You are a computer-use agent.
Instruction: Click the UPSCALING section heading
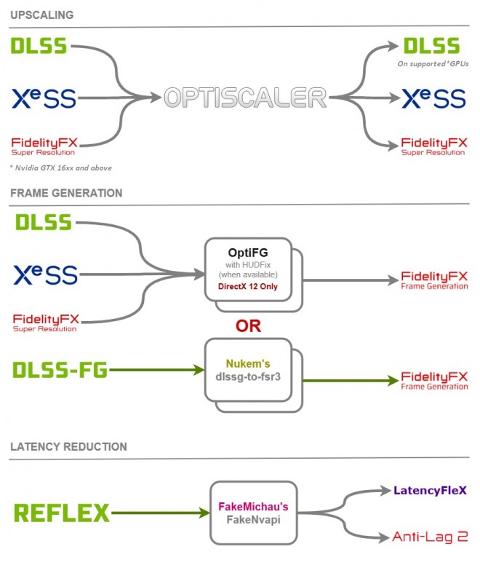pyautogui.click(x=42, y=15)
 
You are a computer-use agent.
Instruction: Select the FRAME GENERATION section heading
pyautogui.click(x=66, y=193)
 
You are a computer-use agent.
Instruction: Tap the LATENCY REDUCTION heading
pyautogui.click(x=68, y=446)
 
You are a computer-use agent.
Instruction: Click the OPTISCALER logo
pyautogui.click(x=245, y=97)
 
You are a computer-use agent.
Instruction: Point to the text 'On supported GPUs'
pyautogui.click(x=432, y=64)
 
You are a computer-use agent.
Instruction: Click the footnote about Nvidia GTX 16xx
pyautogui.click(x=60, y=168)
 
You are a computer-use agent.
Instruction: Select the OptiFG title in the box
pyautogui.click(x=249, y=252)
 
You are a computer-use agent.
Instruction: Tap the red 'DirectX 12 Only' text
pyautogui.click(x=249, y=287)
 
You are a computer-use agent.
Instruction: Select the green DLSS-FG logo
pyautogui.click(x=60, y=370)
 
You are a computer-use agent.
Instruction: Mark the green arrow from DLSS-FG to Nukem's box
pyautogui.click(x=156, y=370)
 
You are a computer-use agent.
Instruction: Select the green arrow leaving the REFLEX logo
pyautogui.click(x=160, y=513)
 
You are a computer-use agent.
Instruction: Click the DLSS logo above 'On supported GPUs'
pyautogui.click(x=432, y=46)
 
